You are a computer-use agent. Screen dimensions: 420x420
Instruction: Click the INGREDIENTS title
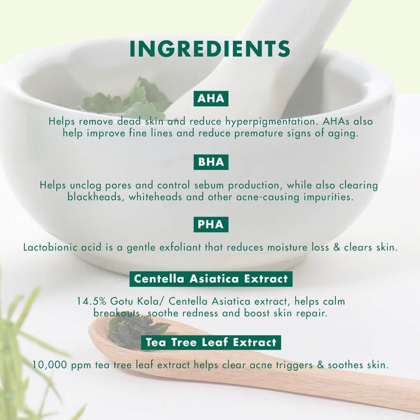pos(210,49)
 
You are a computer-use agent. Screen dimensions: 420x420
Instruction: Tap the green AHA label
pos(211,99)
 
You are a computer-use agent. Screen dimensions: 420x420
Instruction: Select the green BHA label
pos(211,162)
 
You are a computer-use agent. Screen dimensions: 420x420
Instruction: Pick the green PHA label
pos(211,225)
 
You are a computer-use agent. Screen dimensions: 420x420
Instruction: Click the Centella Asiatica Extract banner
pos(211,279)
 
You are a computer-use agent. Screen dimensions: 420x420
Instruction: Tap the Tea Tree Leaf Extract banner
pos(211,342)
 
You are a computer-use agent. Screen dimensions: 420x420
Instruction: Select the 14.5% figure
pos(92,302)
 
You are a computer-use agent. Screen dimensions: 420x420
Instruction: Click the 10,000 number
pos(50,365)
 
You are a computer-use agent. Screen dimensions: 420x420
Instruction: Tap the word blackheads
pos(96,197)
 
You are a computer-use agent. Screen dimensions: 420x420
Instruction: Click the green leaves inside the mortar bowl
pos(126,99)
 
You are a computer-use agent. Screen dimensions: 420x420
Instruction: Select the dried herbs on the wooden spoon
pos(137,331)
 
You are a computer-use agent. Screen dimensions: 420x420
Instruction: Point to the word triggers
pos(294,365)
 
